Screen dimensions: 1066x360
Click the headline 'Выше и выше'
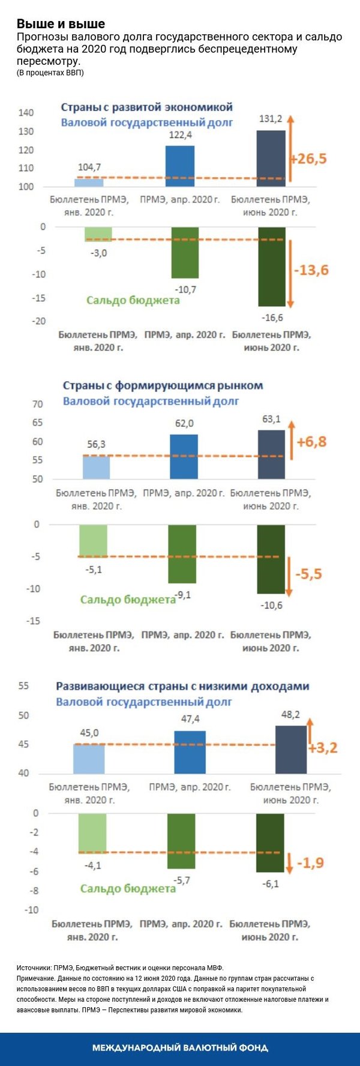[x=61, y=24]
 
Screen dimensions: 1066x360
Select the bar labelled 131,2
[x=271, y=158]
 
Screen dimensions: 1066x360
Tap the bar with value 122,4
[x=180, y=166]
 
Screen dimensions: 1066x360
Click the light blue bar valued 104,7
[x=89, y=182]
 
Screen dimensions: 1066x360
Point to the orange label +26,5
[x=308, y=159]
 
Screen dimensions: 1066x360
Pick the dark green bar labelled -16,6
[x=271, y=266]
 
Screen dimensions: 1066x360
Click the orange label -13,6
[x=311, y=270]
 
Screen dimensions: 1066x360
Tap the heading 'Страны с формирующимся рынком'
[x=163, y=385]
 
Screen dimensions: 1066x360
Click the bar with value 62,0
[x=184, y=457]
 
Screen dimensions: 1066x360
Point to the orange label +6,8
[x=311, y=442]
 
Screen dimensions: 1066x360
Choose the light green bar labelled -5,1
[x=93, y=541]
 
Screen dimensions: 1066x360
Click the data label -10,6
[x=271, y=606]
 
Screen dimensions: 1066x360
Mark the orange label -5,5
[x=308, y=574]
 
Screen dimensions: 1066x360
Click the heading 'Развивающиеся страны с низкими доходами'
[x=182, y=686]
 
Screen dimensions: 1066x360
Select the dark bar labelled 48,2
[x=290, y=750]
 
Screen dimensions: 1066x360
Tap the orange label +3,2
[x=323, y=748]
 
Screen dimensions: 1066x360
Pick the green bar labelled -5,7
[x=181, y=841]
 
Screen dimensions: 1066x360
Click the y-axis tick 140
[x=26, y=113]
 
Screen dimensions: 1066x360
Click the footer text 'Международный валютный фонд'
[x=180, y=1048]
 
